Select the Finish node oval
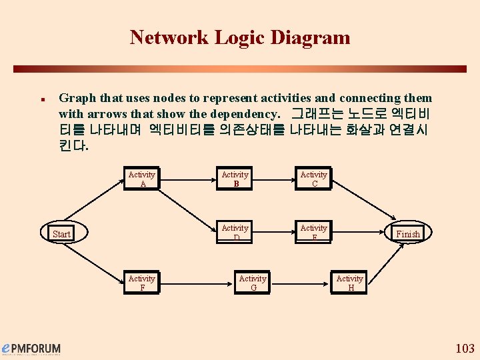[408, 233]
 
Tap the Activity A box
[142, 179]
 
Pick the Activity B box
[235, 179]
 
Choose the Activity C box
[313, 179]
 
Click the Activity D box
[235, 232]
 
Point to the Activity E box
[313, 232]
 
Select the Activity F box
[142, 283]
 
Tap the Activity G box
[253, 283]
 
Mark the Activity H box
[349, 283]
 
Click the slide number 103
[464, 348]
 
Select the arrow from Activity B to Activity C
[274, 179]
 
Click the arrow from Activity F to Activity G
[197, 283]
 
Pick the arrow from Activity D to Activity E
[274, 233]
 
